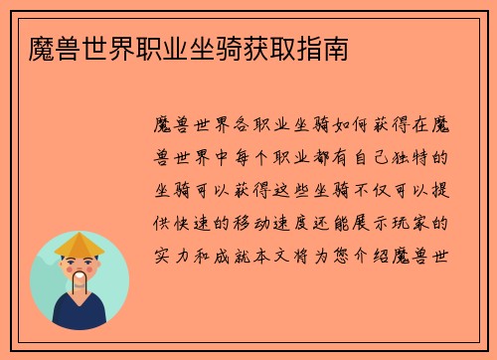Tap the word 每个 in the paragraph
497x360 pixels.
[x=266, y=157]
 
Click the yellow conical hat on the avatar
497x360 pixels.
[x=80, y=245]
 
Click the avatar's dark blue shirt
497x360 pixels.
[x=80, y=317]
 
